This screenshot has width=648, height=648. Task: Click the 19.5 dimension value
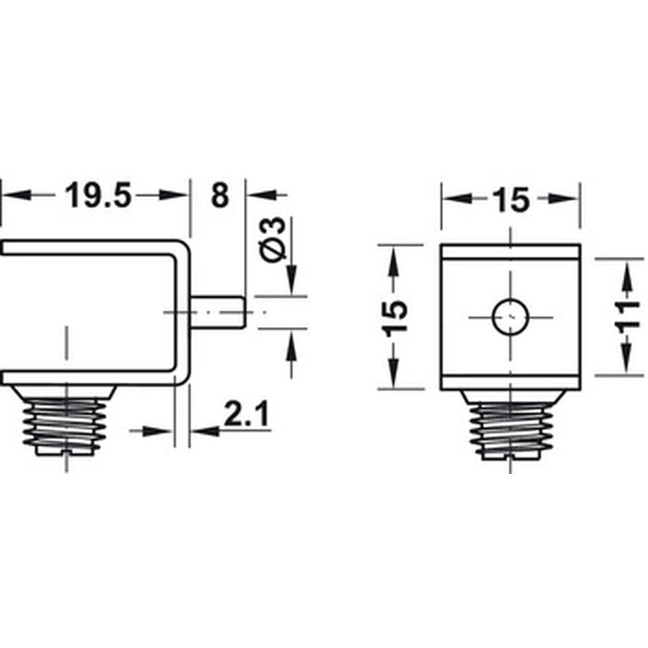97,196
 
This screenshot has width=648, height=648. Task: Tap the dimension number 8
219,196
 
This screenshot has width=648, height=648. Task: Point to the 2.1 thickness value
246,416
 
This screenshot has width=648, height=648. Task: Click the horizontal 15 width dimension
511,199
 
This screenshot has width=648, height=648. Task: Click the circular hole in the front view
511,316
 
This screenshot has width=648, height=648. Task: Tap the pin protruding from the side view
219,311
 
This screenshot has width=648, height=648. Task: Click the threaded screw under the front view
511,424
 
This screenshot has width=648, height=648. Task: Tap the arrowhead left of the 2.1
204,431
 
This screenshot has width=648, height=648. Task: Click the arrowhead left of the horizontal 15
454,199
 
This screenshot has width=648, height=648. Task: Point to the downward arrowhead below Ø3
291,279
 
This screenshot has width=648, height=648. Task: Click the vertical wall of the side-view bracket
181,311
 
